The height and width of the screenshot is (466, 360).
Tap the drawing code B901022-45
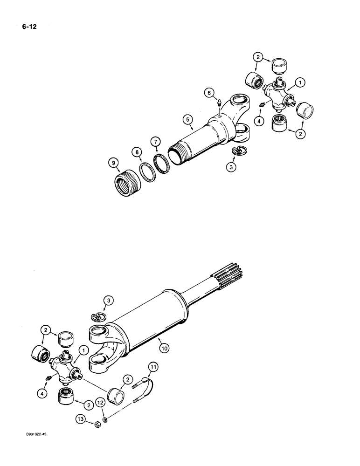coord(34,433)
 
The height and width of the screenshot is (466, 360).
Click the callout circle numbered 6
coord(208,93)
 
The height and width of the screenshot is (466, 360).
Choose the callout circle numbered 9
coord(112,163)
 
